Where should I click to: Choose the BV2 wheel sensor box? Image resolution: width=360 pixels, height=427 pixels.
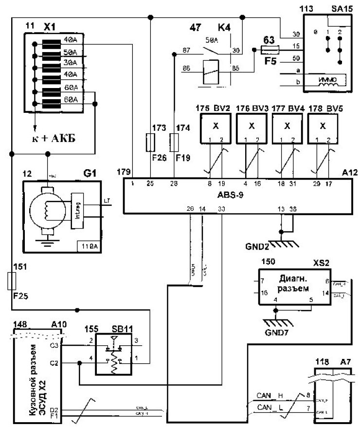216,125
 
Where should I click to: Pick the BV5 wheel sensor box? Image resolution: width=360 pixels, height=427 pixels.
323,125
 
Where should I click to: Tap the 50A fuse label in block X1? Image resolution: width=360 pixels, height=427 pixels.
70,52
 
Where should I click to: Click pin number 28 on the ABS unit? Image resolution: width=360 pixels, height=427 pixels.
175,183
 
